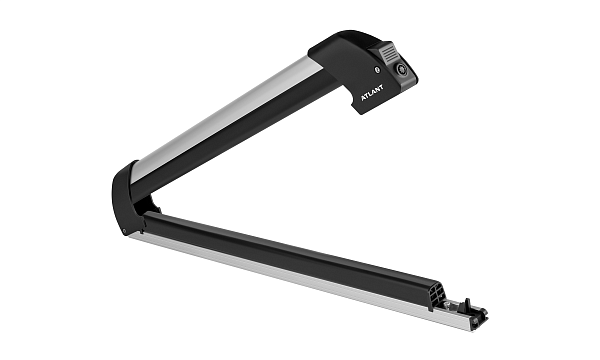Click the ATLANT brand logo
pos(372,93)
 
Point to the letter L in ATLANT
pos(372,93)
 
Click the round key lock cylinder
pos(401,69)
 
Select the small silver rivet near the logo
pos(377,70)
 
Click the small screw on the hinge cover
pos(124,230)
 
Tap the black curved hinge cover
pos(124,199)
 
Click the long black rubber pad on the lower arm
pos(291,254)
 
